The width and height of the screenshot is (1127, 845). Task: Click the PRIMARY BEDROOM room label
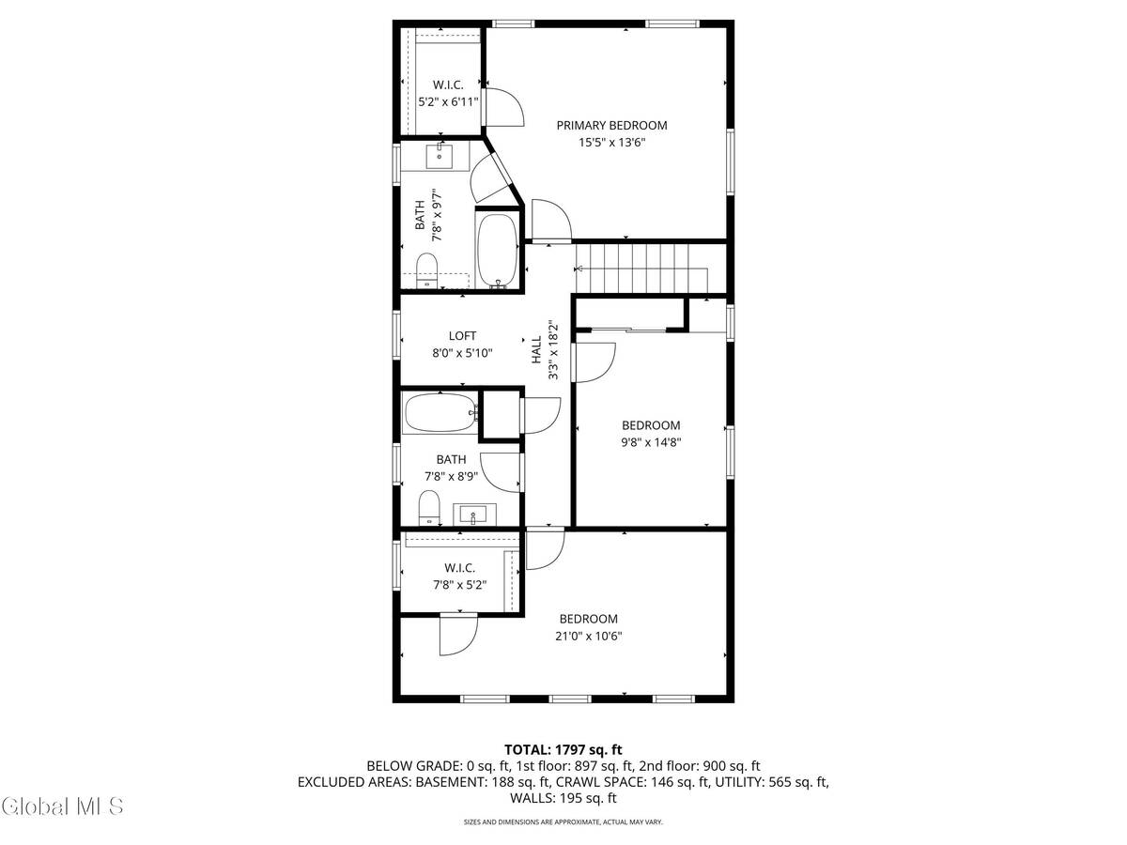pyautogui.click(x=611, y=125)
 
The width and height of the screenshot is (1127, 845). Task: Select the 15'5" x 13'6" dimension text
pyautogui.click(x=611, y=143)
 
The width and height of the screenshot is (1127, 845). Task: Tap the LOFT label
pyautogui.click(x=462, y=335)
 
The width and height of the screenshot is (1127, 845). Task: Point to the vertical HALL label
pyautogui.click(x=536, y=351)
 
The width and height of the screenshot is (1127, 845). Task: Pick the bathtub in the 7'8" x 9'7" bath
pyautogui.click(x=497, y=251)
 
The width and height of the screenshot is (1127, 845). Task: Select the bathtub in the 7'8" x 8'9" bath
pyautogui.click(x=440, y=413)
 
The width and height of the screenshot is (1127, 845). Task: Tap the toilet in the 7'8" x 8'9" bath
pyautogui.click(x=429, y=505)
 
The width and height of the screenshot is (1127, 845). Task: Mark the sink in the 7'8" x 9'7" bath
pyautogui.click(x=440, y=156)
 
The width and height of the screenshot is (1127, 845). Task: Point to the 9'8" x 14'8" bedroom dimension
pyautogui.click(x=650, y=442)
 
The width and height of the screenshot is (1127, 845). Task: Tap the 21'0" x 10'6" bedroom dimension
pyautogui.click(x=588, y=636)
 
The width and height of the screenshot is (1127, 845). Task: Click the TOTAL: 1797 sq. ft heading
pyautogui.click(x=563, y=749)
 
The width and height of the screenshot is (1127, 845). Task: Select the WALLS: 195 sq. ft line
pyautogui.click(x=563, y=798)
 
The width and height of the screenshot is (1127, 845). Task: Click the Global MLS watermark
pyautogui.click(x=63, y=806)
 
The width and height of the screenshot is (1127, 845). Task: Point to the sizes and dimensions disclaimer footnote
pyautogui.click(x=563, y=822)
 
